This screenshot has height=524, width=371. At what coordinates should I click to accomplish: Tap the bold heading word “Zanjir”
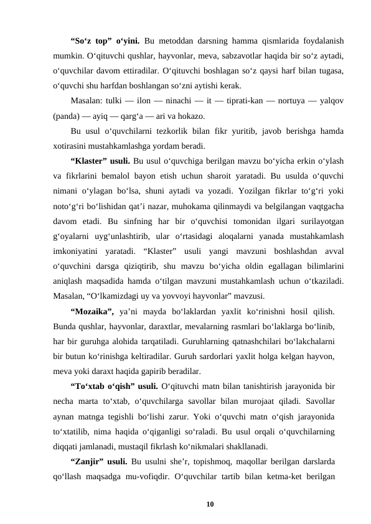(89, 461)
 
